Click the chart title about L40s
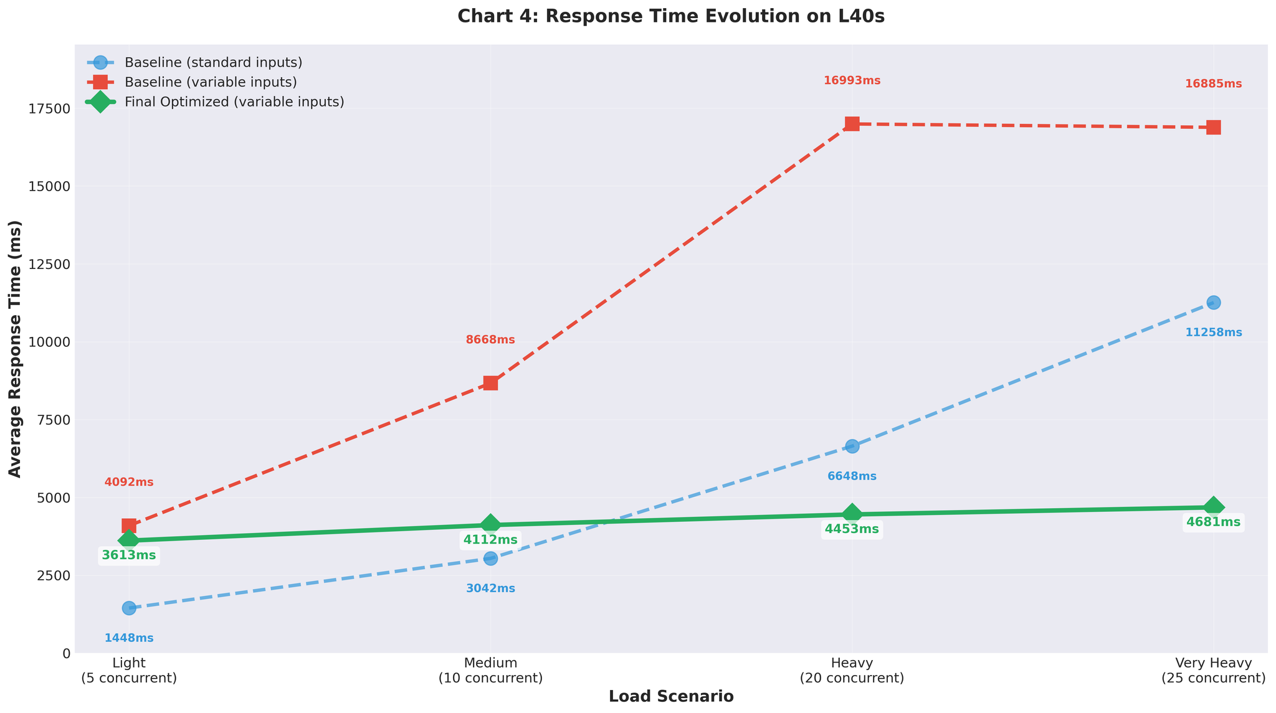(x=671, y=16)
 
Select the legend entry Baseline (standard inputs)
(x=213, y=62)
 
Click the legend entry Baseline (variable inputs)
(x=211, y=82)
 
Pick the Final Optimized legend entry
(x=234, y=102)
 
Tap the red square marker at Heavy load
(x=852, y=124)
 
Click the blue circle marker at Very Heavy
(x=1213, y=303)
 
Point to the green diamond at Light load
(x=129, y=539)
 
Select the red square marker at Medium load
(x=490, y=383)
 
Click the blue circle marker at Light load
(x=129, y=608)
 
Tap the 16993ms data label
(x=852, y=81)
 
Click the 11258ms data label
(x=1213, y=333)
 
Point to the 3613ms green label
(x=129, y=555)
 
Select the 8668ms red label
(x=490, y=340)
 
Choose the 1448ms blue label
(x=129, y=638)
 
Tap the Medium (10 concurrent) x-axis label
(x=490, y=671)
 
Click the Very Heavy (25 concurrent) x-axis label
(x=1213, y=671)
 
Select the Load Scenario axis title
(x=671, y=697)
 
